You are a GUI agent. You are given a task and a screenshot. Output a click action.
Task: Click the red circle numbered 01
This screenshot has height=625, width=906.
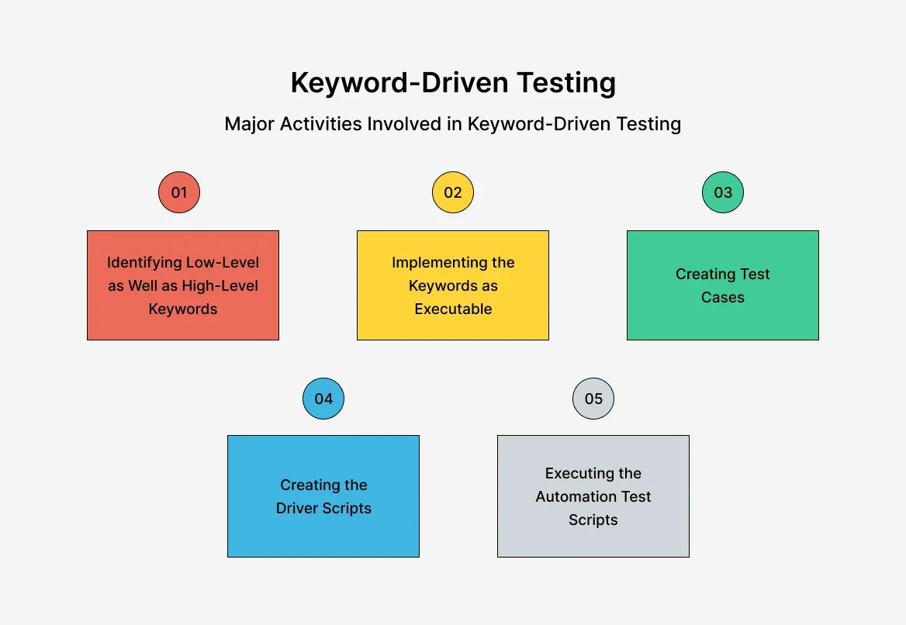coord(179,192)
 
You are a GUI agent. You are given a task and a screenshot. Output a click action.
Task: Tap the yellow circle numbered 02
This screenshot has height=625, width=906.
coord(453,192)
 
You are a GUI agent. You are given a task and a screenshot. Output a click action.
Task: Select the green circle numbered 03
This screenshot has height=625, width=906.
coord(723,192)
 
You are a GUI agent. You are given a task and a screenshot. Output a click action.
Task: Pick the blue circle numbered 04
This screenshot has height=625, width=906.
coord(323,399)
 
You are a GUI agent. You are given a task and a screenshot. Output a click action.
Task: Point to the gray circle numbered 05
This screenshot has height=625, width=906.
coord(593,399)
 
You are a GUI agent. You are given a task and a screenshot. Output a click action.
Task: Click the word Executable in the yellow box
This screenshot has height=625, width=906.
coord(453,309)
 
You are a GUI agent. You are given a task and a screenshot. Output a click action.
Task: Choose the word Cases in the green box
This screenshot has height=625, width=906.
coord(723,297)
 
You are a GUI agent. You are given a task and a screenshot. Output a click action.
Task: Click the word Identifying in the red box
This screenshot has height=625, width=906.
coord(144,262)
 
